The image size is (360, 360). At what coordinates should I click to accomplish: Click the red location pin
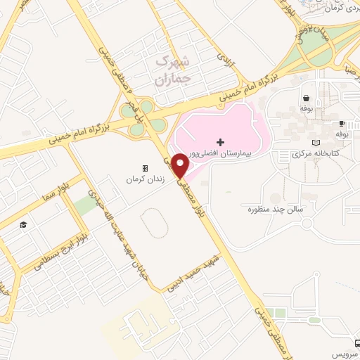(180, 165)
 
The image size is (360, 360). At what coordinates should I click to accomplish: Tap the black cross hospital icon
(221, 142)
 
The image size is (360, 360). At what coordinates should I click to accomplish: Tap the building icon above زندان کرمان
(146, 168)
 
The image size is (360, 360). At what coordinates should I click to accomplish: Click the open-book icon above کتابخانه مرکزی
(316, 143)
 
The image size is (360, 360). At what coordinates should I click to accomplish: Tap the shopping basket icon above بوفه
(306, 99)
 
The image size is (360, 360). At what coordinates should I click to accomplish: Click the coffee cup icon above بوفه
(342, 123)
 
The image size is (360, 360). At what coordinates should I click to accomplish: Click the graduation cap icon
(23, 224)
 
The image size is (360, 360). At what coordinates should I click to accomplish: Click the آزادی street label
(224, 53)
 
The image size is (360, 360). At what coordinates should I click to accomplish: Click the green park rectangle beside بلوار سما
(85, 205)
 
